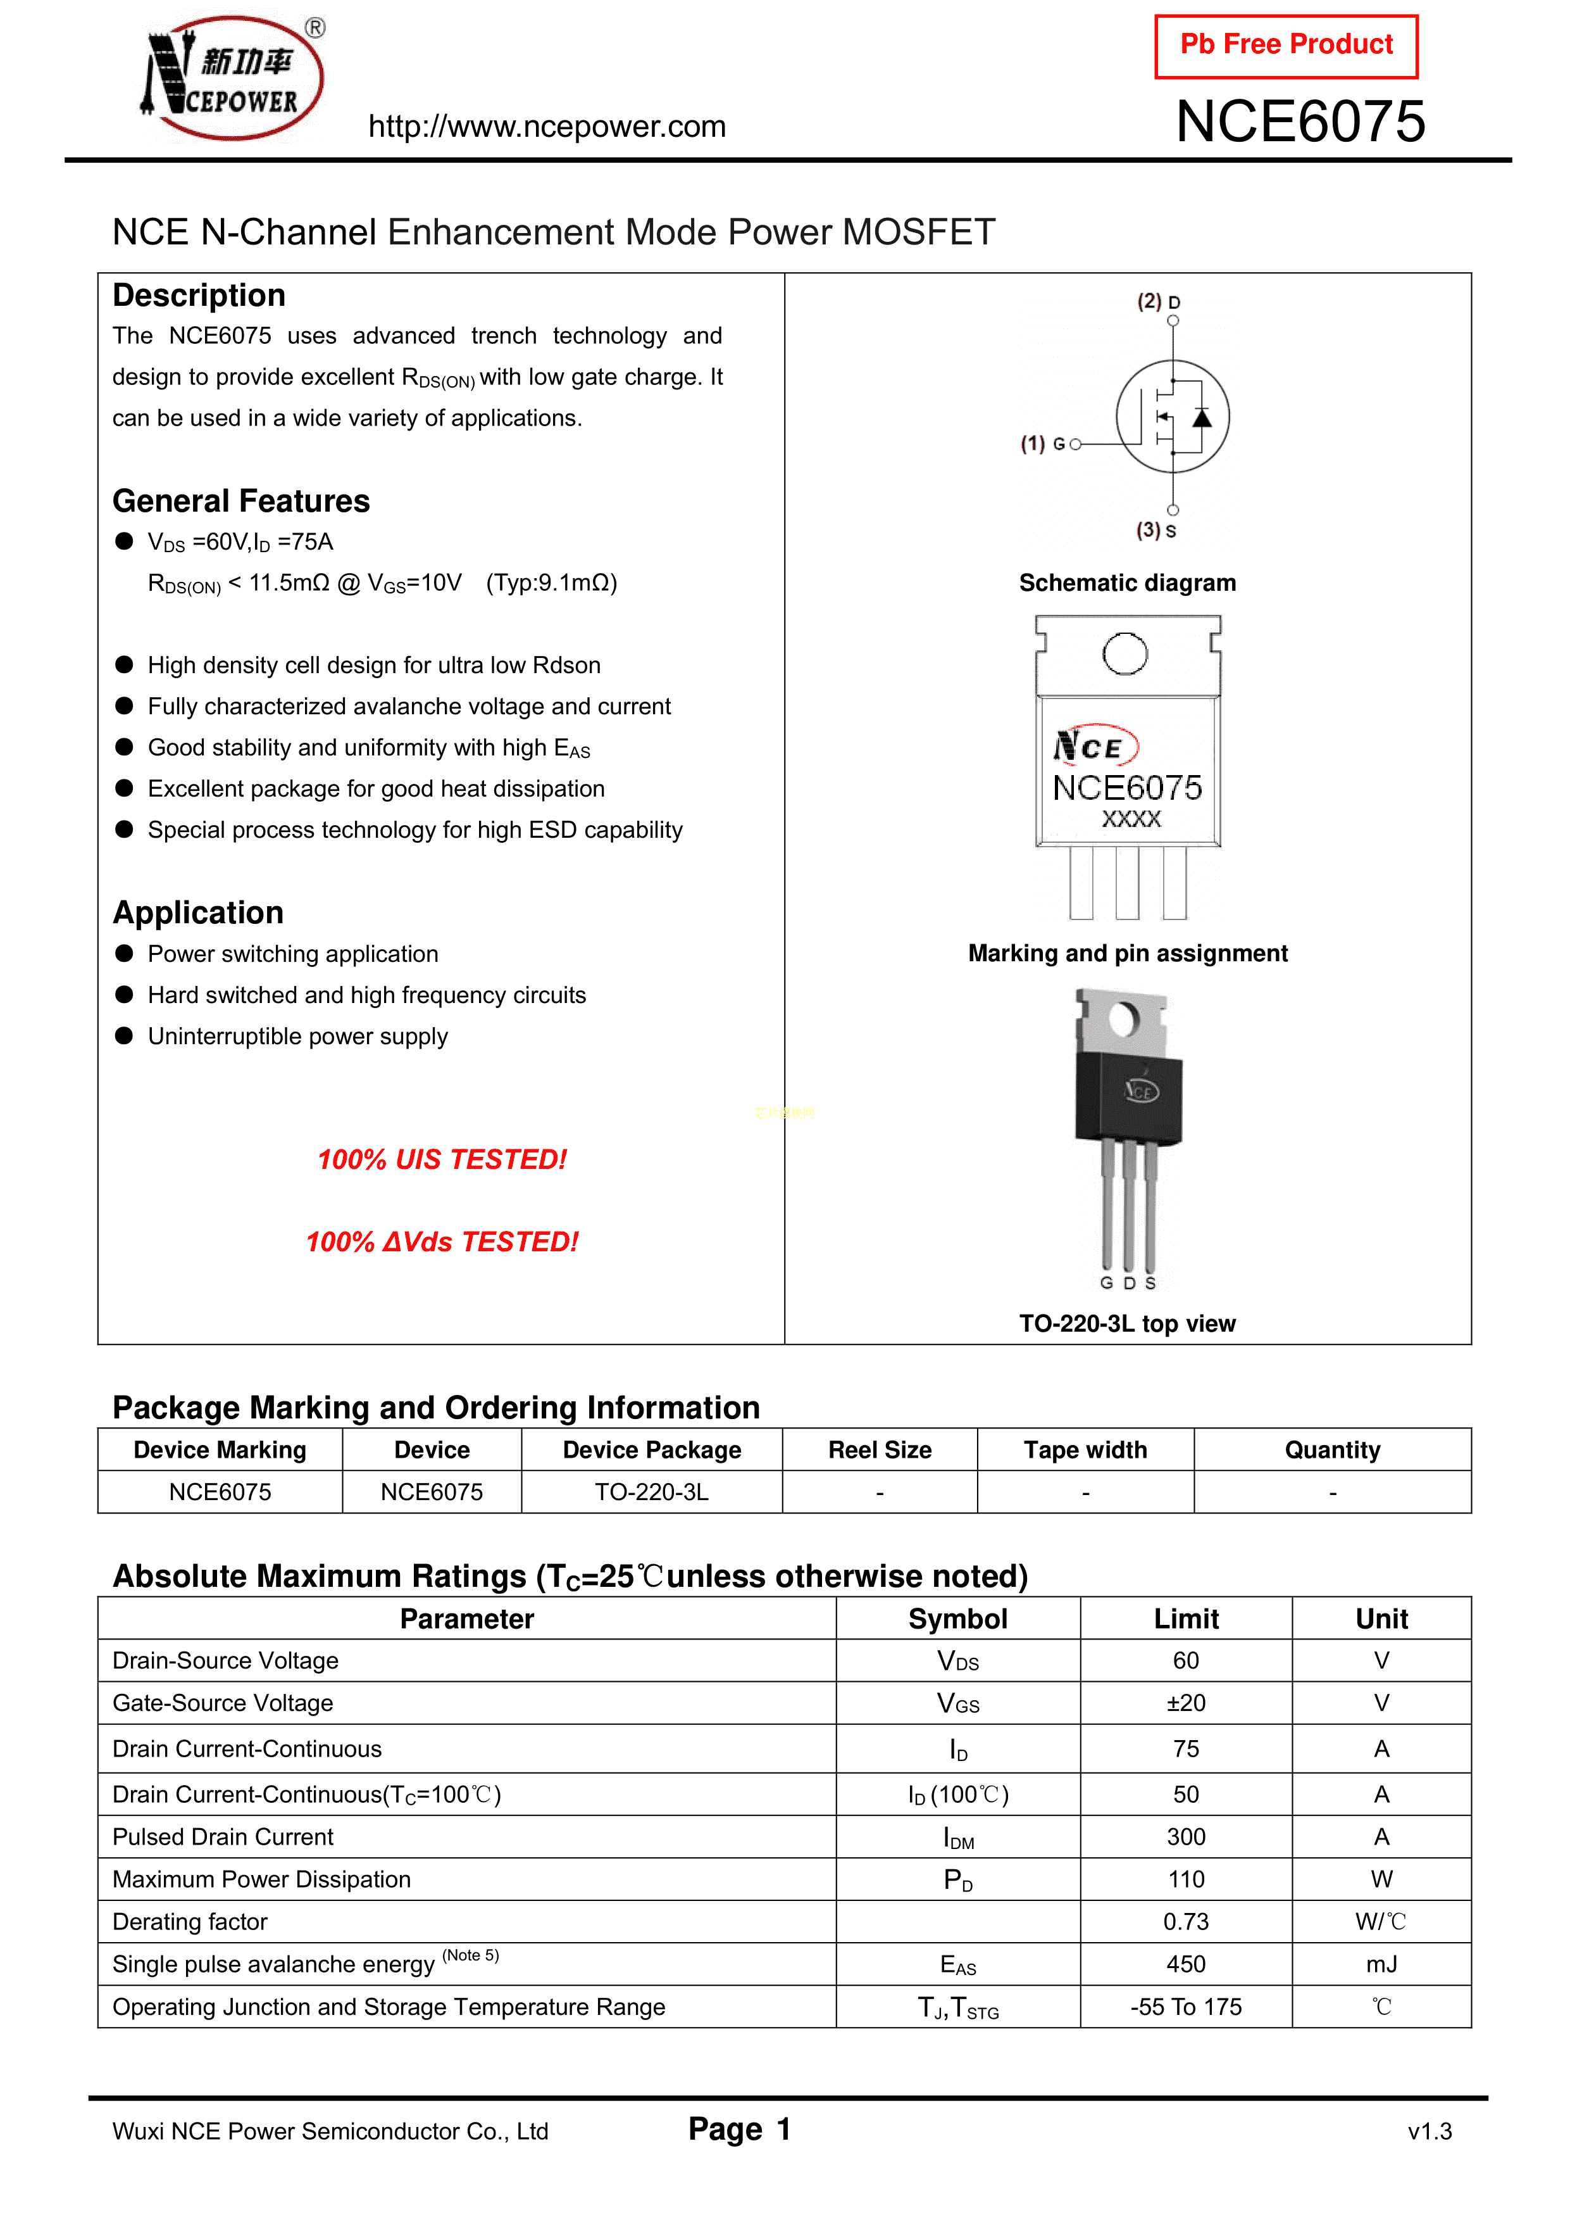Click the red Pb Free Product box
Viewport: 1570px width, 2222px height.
coord(1286,46)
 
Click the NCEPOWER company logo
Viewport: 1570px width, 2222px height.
coord(233,77)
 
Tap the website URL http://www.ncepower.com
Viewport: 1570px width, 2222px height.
coord(547,126)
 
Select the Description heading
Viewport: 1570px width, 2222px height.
coord(199,295)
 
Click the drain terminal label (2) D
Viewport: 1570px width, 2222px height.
coord(1158,301)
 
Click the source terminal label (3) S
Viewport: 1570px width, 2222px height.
coord(1156,531)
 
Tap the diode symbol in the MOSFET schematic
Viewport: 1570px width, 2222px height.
coord(1202,417)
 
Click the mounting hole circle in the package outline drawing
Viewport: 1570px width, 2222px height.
coord(1125,653)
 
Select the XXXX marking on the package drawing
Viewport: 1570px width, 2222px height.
coord(1131,819)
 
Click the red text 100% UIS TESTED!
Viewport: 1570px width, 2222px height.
coord(442,1159)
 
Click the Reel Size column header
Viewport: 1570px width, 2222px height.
coord(880,1449)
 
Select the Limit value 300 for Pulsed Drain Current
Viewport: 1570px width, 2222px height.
coord(1186,1837)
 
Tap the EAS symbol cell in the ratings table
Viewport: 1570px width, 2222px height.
coord(957,1964)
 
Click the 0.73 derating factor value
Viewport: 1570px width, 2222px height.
coord(1186,1922)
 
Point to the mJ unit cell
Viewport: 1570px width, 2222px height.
coord(1381,1964)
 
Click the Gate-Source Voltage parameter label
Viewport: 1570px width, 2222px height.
coord(223,1703)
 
